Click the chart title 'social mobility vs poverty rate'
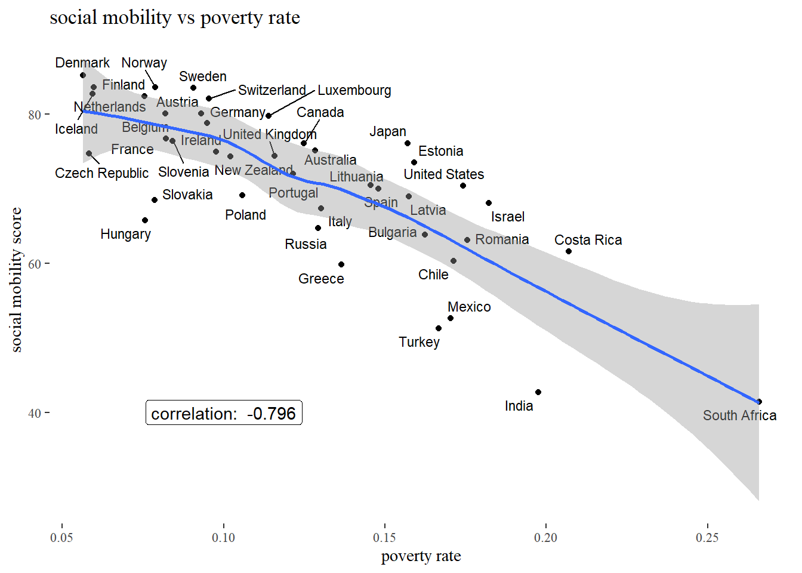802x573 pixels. point(174,18)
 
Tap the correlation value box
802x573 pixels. point(224,413)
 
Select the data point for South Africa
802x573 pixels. point(758,402)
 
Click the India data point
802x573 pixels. point(538,392)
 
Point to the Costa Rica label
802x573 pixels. point(588,240)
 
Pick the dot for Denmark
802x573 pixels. point(83,75)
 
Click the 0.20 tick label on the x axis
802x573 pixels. point(545,538)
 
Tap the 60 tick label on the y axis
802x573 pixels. point(35,264)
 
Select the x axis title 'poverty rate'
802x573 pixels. point(421,556)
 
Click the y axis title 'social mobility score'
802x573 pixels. point(16,279)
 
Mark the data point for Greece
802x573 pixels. point(341,264)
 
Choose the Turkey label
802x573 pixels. point(419,342)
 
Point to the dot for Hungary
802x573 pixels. point(145,220)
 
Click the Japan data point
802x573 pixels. point(408,143)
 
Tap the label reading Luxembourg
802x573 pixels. point(354,91)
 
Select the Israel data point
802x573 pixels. point(489,203)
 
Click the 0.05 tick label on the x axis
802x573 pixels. point(61,538)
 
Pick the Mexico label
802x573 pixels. point(469,307)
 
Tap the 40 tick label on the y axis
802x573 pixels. point(35,413)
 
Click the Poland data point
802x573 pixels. point(242,195)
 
